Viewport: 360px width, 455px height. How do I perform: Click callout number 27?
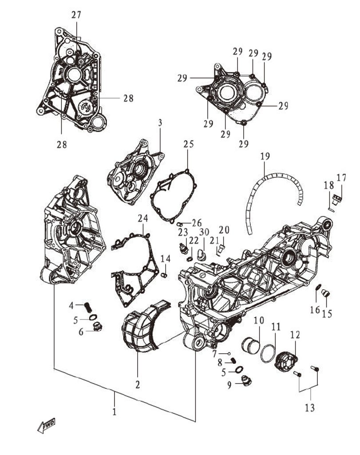(x=76, y=15)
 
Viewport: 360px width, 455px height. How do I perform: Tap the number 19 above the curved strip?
(x=265, y=156)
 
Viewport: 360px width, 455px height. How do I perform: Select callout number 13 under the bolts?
(x=310, y=407)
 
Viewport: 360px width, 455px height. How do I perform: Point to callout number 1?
(x=114, y=411)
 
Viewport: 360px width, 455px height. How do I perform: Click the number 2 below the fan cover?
(x=138, y=384)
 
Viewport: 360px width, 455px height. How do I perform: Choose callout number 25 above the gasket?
(x=189, y=144)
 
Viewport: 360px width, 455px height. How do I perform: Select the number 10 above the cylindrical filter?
(x=259, y=320)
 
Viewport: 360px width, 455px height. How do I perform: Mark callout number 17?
(x=341, y=178)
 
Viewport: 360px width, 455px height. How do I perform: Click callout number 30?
(x=204, y=232)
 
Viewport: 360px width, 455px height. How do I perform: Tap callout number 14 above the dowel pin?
(x=165, y=259)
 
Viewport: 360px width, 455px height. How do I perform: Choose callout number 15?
(x=327, y=313)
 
